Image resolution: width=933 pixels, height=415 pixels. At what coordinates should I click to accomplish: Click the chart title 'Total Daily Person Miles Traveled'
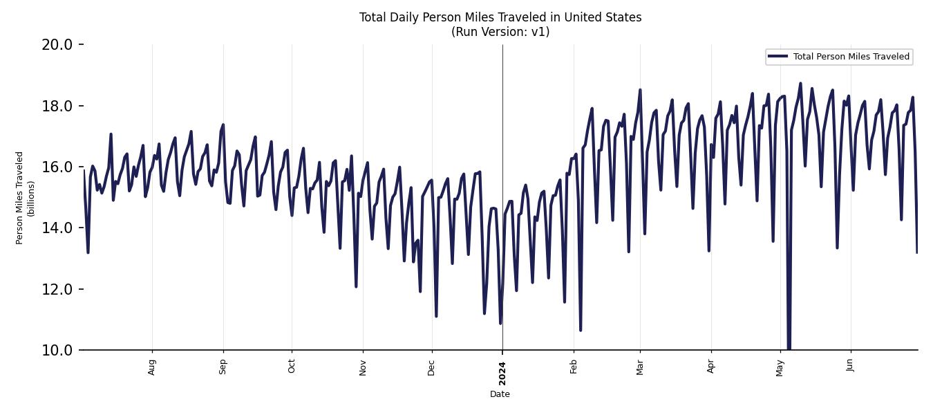pyautogui.click(x=500, y=17)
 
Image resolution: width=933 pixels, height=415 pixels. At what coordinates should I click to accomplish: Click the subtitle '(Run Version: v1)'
pyautogui.click(x=500, y=32)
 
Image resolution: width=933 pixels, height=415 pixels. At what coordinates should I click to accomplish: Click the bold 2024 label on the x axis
pyautogui.click(x=502, y=373)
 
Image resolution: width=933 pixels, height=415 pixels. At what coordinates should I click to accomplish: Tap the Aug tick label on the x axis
pyautogui.click(x=152, y=367)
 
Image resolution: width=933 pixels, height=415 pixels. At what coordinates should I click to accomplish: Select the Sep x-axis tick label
pyautogui.click(x=223, y=367)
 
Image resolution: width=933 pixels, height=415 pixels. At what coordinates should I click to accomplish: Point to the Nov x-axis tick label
pyautogui.click(x=363, y=367)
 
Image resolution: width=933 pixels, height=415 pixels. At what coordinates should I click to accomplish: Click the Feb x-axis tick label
pyautogui.click(x=574, y=367)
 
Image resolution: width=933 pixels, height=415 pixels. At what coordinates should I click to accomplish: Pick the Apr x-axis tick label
pyautogui.click(x=711, y=367)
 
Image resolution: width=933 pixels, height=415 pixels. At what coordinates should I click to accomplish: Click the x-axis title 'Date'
pyautogui.click(x=500, y=394)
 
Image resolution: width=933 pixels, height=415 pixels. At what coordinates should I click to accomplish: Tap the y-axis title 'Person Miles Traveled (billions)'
pyautogui.click(x=25, y=198)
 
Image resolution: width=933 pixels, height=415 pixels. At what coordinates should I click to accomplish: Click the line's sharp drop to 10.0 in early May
pyautogui.click(x=789, y=346)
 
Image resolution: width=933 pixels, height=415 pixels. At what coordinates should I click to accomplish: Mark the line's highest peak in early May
pyautogui.click(x=800, y=84)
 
